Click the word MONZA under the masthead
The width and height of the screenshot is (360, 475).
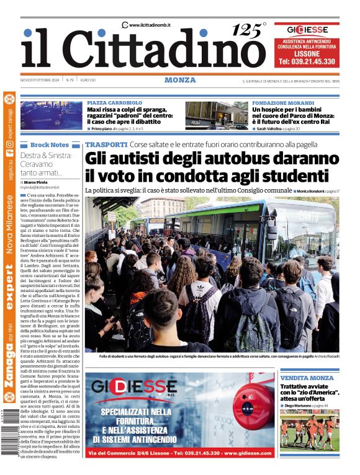(x=180, y=80)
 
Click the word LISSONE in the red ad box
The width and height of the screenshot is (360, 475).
(x=307, y=53)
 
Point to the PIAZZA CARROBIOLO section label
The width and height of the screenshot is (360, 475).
(x=115, y=102)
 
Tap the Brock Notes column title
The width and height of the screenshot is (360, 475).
(x=50, y=144)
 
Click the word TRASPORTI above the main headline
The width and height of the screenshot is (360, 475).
(x=106, y=144)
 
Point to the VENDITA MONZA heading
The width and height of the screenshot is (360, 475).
(x=307, y=378)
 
